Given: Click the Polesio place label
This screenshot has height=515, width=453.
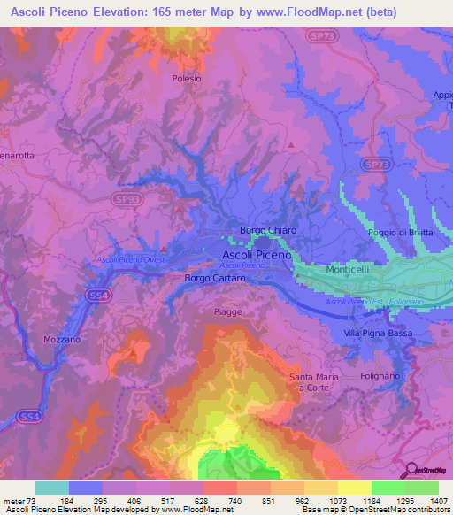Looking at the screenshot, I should (x=187, y=78).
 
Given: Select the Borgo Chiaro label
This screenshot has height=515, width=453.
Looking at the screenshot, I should (x=268, y=230).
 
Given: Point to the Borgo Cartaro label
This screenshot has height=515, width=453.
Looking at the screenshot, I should (x=214, y=278).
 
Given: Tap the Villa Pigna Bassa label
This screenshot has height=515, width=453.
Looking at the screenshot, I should (x=378, y=333).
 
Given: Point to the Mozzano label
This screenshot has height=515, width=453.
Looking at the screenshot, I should (x=61, y=339).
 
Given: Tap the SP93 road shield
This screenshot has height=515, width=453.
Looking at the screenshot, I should (x=126, y=201).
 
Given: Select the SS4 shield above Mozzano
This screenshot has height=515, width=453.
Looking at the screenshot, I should (x=98, y=295).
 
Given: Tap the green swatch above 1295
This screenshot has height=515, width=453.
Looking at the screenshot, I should (x=388, y=488).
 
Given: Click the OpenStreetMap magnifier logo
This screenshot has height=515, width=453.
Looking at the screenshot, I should (x=411, y=471).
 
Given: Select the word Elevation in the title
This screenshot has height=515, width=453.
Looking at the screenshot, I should (x=113, y=12).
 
